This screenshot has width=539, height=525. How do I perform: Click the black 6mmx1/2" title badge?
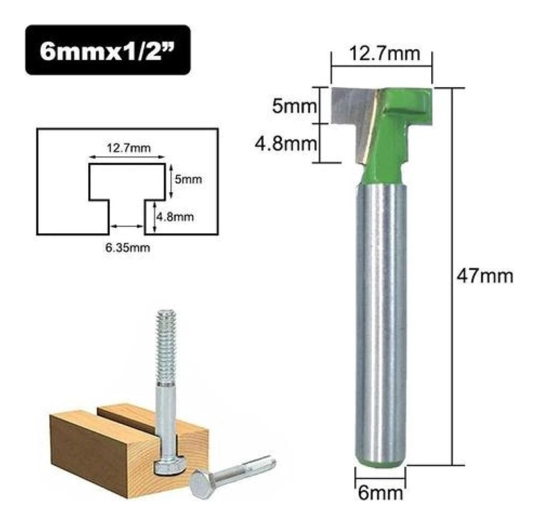tap(108, 50)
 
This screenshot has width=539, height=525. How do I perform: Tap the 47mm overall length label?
tap(484, 276)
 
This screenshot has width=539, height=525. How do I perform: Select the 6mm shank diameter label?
tap(380, 493)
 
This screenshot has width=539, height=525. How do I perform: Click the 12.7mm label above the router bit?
tap(385, 54)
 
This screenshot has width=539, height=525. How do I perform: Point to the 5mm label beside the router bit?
tap(294, 106)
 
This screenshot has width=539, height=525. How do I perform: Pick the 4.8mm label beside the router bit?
tap(286, 144)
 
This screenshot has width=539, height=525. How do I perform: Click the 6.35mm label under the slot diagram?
tap(127, 247)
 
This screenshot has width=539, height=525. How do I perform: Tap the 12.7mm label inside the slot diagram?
tap(128, 148)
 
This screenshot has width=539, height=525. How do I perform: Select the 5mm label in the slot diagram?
tap(188, 179)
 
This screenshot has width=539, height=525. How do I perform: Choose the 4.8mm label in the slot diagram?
tap(175, 217)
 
